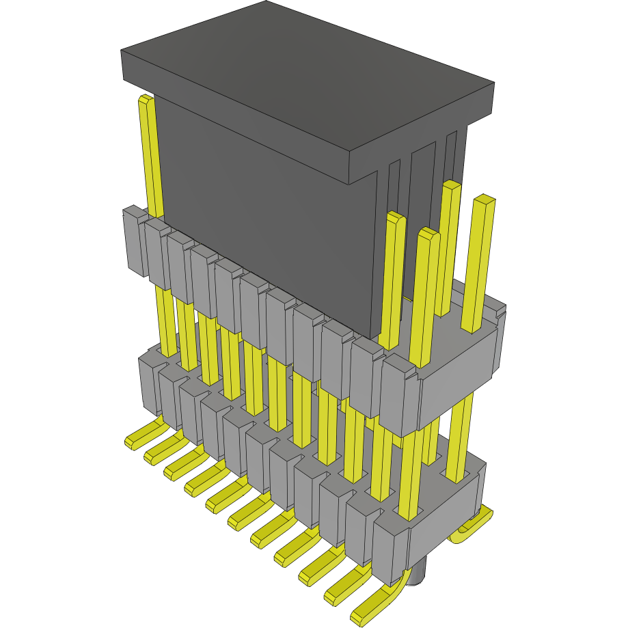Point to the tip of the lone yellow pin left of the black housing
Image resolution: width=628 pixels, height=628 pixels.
pyautogui.click(x=145, y=100)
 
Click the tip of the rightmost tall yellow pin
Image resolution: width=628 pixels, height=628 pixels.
pyautogui.click(x=484, y=200)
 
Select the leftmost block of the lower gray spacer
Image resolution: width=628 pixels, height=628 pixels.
pyautogui.click(x=148, y=383)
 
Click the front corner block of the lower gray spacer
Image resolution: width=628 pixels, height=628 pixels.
pyautogui.click(x=390, y=547)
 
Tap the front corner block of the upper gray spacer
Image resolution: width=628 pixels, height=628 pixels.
pyautogui.click(x=400, y=396)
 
